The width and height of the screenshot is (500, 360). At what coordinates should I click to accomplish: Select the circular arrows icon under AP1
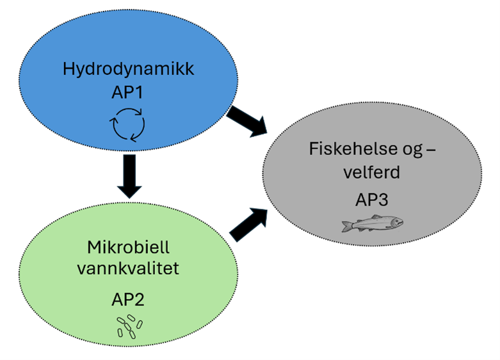[129, 124]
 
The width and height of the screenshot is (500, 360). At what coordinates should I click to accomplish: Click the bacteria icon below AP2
[129, 326]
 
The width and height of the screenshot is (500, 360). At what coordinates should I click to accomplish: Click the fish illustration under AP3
[372, 224]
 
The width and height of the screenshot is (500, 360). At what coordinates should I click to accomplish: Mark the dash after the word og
[430, 151]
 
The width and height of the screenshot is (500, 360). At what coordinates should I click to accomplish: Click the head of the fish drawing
[396, 223]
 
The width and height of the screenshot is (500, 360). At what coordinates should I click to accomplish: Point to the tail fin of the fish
[346, 226]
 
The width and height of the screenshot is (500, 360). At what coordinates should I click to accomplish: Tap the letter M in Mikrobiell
[92, 247]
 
